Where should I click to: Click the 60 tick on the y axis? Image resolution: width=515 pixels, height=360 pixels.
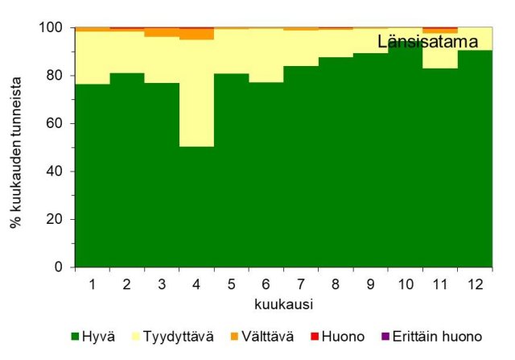click(x=53, y=123)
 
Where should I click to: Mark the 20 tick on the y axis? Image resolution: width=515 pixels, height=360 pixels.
click(x=53, y=219)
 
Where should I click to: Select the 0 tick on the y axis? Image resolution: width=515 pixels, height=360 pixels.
click(x=57, y=267)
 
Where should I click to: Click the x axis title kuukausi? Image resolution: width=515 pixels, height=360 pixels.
click(x=282, y=305)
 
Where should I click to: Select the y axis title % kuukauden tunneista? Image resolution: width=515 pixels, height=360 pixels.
click(x=15, y=147)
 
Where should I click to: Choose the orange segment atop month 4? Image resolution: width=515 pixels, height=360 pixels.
click(x=196, y=35)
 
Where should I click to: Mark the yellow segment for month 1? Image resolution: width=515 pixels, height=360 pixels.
click(x=92, y=57)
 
